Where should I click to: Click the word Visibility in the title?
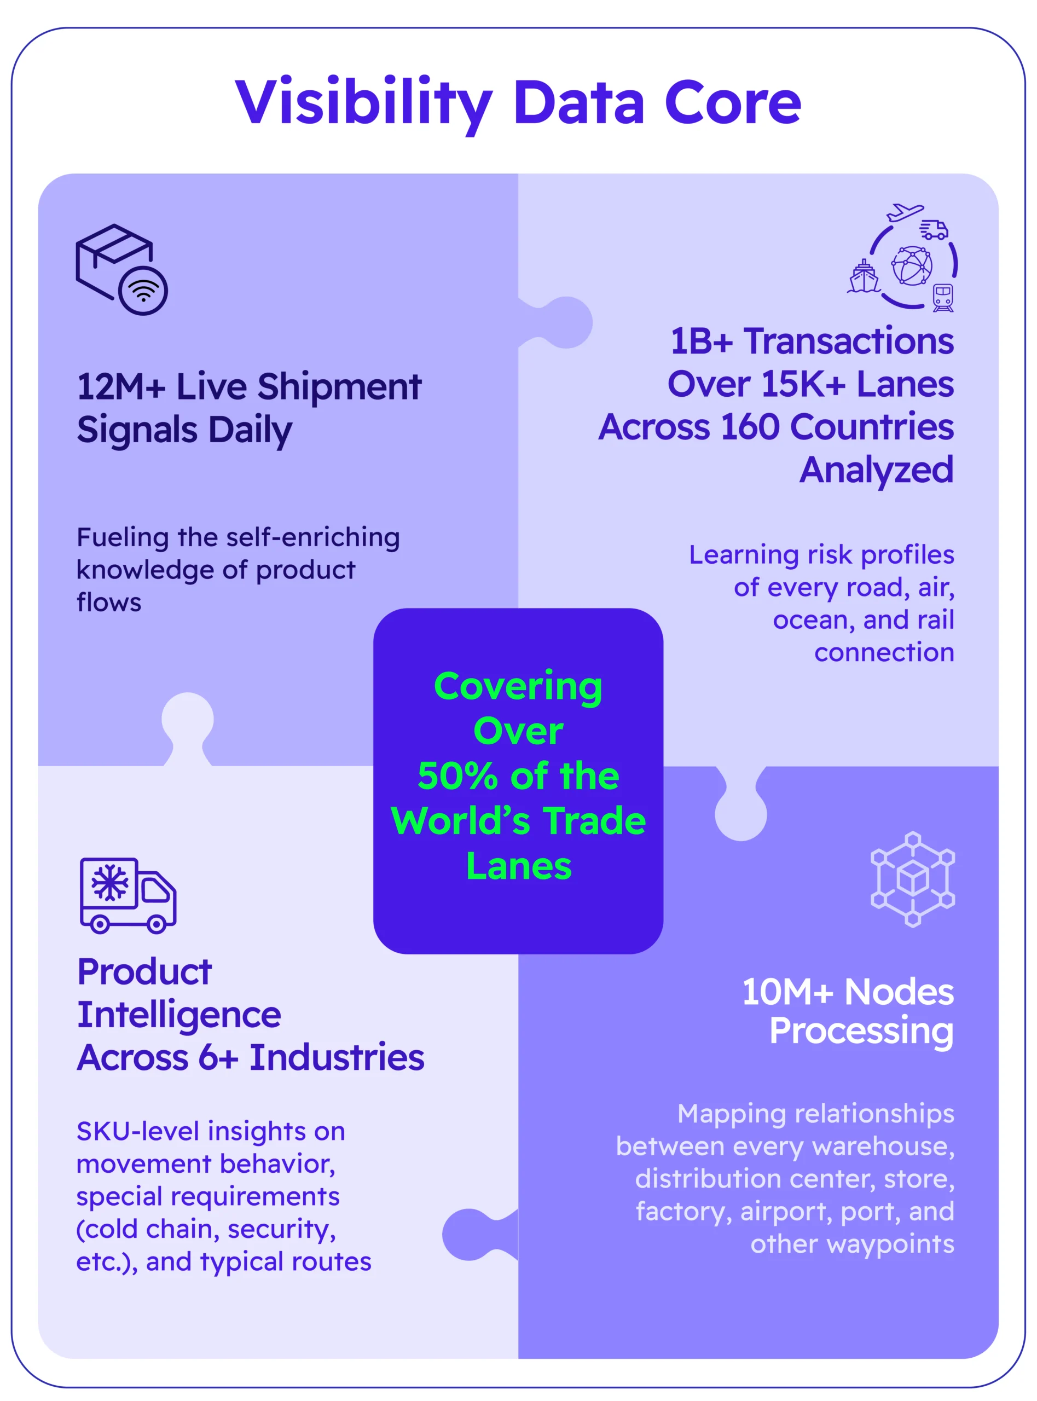(x=363, y=103)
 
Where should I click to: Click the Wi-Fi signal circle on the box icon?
(x=143, y=291)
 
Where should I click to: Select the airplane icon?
(x=905, y=212)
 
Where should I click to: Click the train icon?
(x=943, y=297)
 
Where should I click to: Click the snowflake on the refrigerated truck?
(x=110, y=883)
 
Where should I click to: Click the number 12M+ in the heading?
(x=120, y=387)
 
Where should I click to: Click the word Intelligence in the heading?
(x=179, y=1015)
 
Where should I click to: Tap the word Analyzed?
(x=876, y=470)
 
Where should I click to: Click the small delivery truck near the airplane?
(x=934, y=230)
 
